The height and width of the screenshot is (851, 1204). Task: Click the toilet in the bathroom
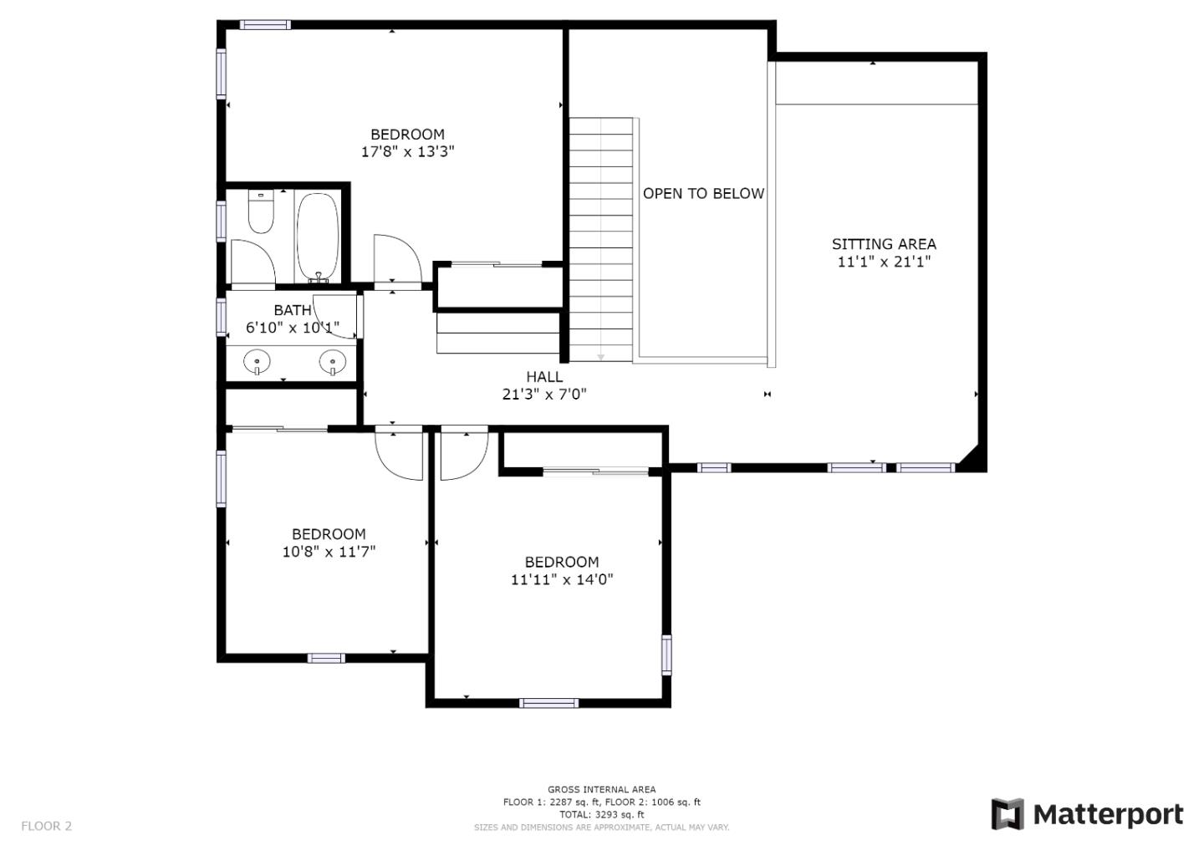pos(261,212)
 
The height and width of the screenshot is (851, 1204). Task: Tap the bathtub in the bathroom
pos(318,237)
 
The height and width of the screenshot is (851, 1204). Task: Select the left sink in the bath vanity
pos(257,362)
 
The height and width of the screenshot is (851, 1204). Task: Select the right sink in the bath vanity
pos(332,362)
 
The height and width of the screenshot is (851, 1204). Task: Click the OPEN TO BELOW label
pos(703,193)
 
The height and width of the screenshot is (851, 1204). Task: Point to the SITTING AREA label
pos(884,244)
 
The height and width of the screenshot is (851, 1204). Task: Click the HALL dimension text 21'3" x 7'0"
pos(544,394)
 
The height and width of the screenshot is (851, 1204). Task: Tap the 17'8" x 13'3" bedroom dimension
pos(407,152)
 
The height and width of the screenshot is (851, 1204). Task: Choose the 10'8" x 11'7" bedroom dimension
pos(329,552)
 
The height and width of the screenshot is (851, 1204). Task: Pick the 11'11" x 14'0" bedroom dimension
pos(562,579)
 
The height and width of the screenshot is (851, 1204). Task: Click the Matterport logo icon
pos(1007,814)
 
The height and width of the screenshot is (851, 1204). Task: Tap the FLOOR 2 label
pos(47,826)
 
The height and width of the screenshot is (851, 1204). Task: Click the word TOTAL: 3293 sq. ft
pos(601,814)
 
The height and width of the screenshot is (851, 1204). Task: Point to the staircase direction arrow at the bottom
pos(600,357)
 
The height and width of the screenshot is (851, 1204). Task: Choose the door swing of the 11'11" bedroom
pos(462,456)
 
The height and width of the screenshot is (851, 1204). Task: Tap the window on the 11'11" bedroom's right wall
pos(666,655)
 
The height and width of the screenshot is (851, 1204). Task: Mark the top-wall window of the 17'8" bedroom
pos(265,25)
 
